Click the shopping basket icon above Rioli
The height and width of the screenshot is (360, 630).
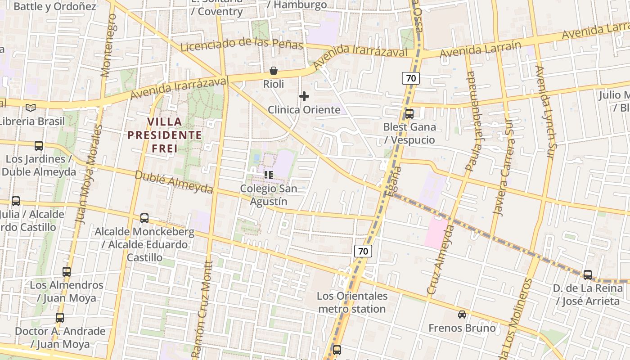coord(273,71)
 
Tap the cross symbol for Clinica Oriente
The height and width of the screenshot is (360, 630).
coord(304,96)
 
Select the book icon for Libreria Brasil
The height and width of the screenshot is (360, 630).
coord(31,108)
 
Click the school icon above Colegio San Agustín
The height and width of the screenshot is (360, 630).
coord(269,175)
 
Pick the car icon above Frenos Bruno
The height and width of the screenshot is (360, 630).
coord(462,315)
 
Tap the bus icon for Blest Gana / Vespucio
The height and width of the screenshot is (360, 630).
coord(409,114)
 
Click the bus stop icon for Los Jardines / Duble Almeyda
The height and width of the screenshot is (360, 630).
coord(39,146)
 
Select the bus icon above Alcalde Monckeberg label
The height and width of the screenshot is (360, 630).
coord(144,218)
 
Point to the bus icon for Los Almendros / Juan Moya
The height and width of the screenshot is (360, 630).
coord(67,272)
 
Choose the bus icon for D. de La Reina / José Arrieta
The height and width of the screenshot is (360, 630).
coord(588,275)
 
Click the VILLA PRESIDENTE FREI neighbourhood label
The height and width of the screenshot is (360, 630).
coord(164,135)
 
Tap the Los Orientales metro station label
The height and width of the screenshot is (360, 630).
coord(352,302)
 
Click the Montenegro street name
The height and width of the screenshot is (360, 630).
coord(109,45)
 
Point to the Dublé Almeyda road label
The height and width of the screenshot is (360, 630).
coord(173,182)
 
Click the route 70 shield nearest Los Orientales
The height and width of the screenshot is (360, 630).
coord(363,251)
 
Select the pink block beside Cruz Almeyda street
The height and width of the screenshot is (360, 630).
coord(436,232)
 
